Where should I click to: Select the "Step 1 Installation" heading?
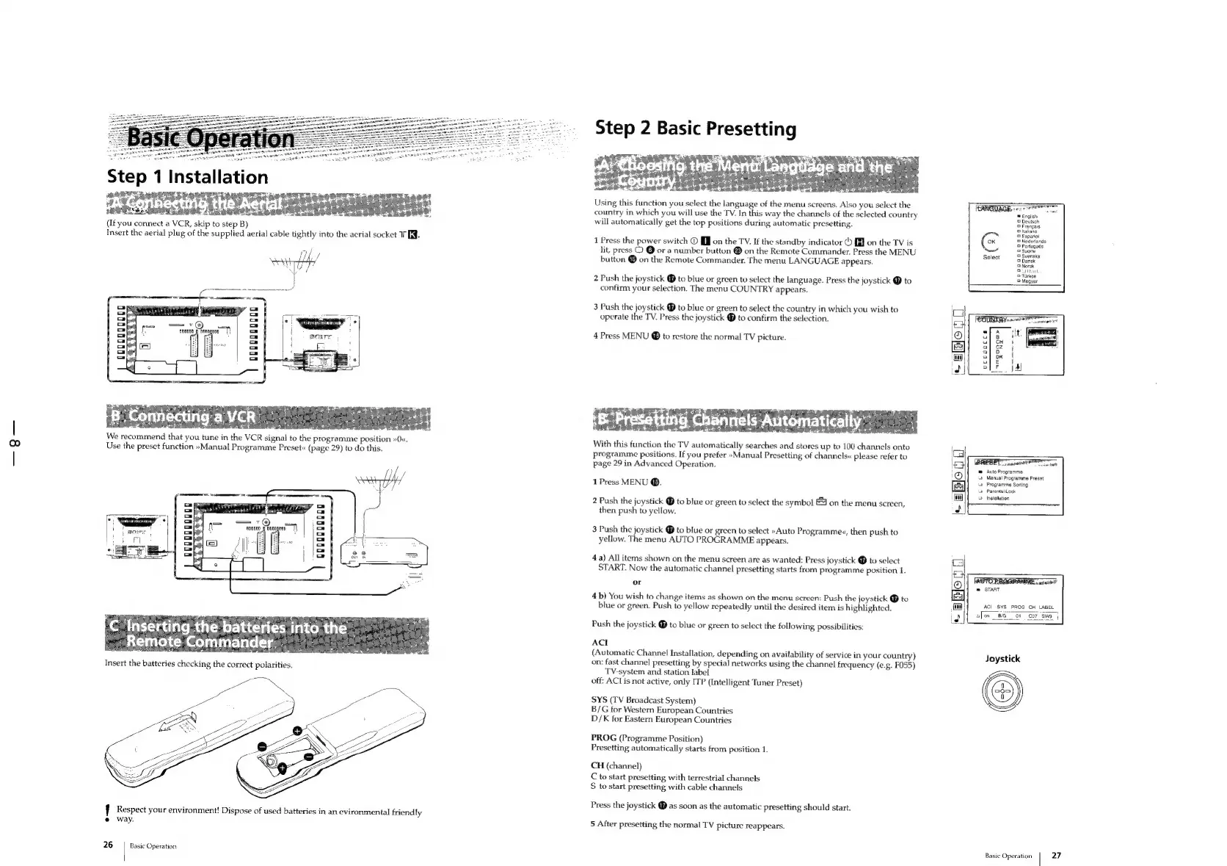(x=187, y=177)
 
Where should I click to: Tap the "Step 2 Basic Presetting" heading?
(x=695, y=129)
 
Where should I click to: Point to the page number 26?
(x=108, y=844)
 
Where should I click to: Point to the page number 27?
(x=1056, y=855)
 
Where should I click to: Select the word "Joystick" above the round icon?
(x=1002, y=659)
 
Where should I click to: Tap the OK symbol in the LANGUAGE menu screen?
(x=991, y=242)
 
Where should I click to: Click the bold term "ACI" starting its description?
(x=599, y=643)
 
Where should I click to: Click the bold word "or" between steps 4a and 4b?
(x=636, y=582)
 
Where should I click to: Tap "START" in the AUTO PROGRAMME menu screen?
(x=992, y=589)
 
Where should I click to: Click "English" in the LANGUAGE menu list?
(x=1030, y=217)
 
